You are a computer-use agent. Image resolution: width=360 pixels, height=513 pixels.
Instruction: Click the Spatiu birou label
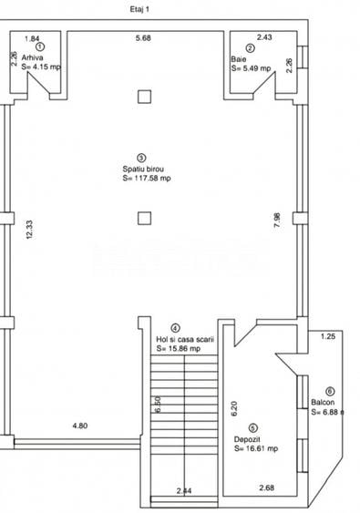coord(143,169)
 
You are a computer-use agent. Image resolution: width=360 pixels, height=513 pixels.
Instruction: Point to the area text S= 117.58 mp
coord(147,179)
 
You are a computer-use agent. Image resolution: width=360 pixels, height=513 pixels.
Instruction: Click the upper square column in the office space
coord(143,96)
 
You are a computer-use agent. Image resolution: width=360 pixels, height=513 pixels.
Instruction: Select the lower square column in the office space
coord(143,217)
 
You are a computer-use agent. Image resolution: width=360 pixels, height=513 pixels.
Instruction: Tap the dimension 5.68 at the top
coord(143,38)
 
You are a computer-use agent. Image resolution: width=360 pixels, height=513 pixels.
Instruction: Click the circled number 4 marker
coord(174,328)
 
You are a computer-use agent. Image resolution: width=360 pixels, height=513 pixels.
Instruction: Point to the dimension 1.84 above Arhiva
coord(31,39)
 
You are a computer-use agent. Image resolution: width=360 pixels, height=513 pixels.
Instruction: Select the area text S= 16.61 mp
coord(256,448)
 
